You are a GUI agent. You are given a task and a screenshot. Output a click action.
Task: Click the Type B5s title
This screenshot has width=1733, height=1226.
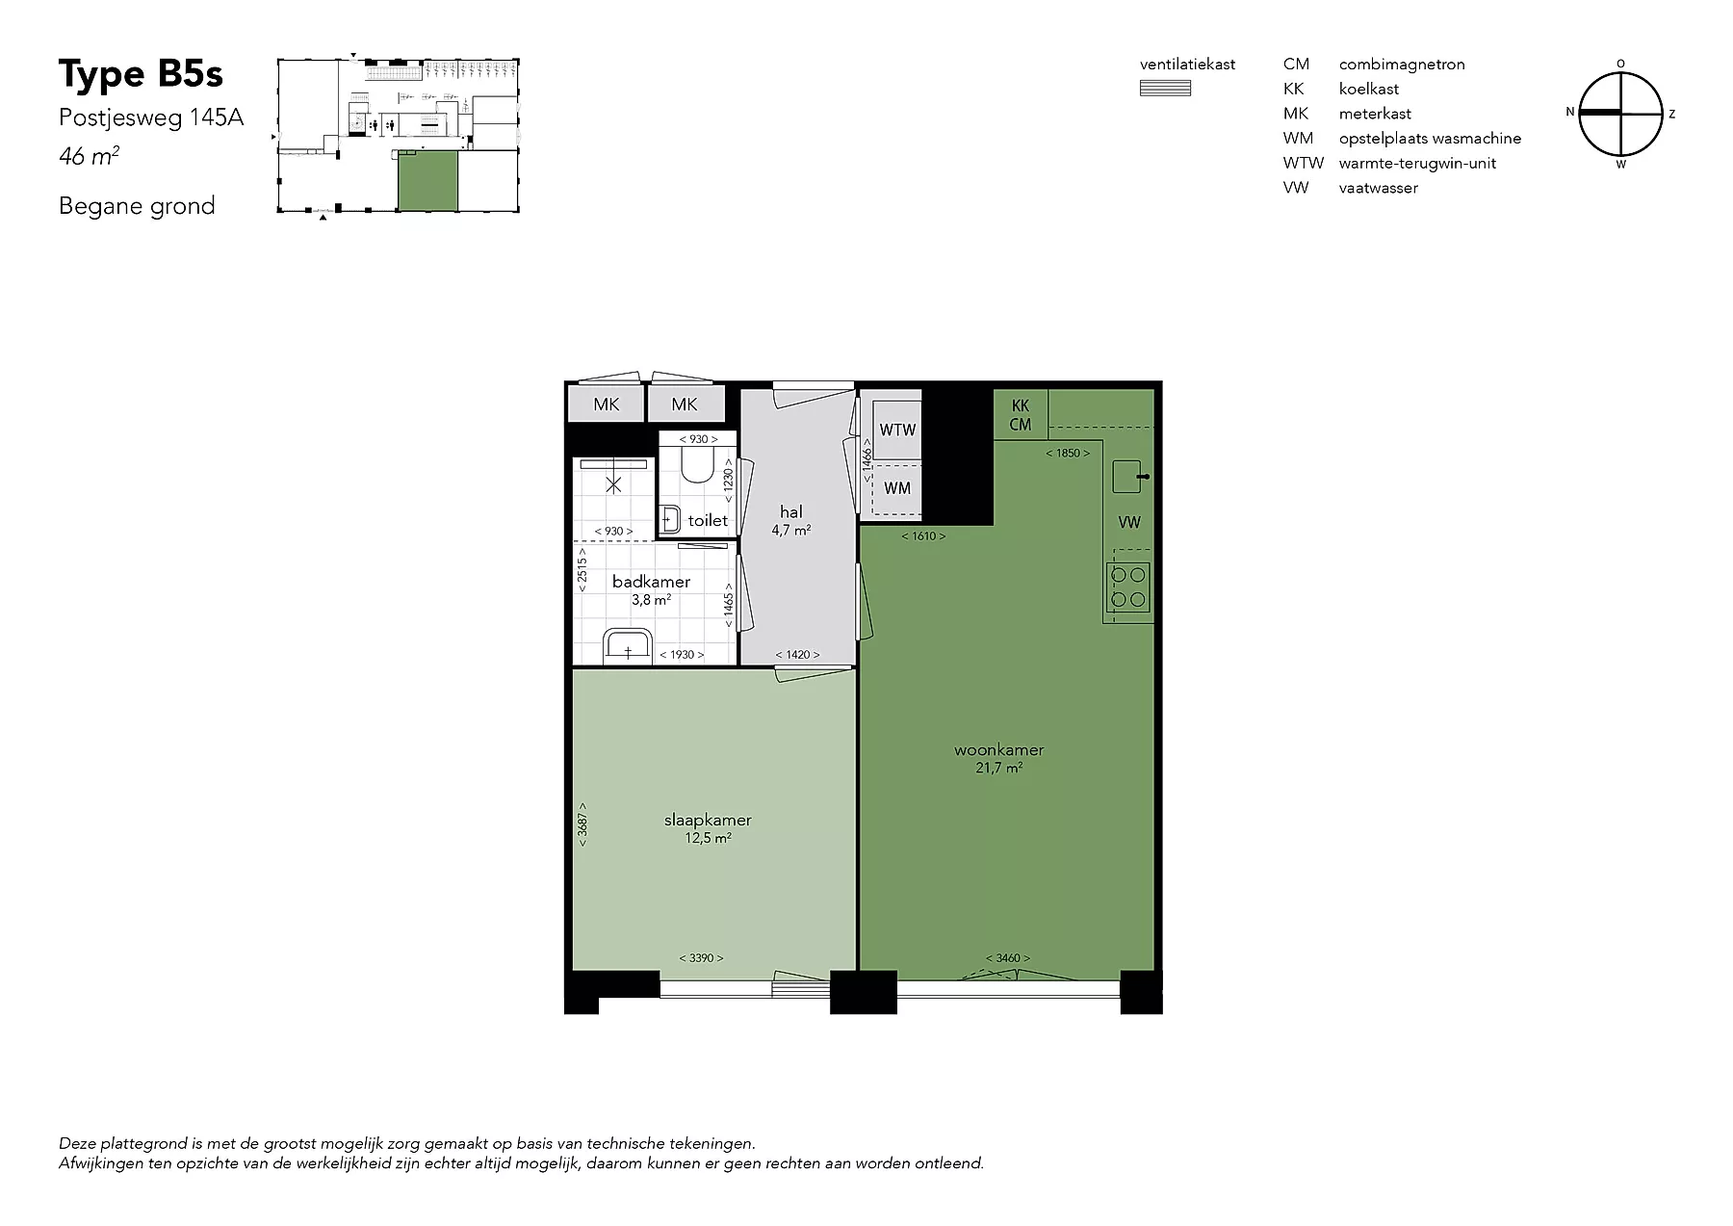141,74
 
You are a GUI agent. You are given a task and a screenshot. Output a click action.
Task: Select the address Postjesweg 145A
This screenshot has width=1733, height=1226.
151,117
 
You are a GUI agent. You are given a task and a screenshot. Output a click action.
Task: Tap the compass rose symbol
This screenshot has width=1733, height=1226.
1621,114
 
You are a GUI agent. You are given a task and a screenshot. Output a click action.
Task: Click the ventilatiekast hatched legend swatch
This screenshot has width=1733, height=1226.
1165,89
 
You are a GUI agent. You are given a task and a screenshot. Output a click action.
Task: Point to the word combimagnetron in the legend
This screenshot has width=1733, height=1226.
1402,65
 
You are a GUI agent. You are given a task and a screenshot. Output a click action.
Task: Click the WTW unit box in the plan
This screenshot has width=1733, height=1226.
897,430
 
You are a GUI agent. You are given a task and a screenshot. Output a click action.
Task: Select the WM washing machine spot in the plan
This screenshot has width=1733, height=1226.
897,488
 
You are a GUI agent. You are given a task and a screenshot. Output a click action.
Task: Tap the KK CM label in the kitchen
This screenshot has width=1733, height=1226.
1021,415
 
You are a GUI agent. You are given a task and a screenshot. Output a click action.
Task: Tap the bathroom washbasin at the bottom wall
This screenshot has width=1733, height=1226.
628,647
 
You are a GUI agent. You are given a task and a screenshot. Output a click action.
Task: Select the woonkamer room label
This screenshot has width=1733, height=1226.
999,750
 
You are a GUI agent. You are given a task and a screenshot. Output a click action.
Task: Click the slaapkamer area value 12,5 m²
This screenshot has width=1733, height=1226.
708,839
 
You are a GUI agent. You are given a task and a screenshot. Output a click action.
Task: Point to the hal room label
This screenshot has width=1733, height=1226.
791,512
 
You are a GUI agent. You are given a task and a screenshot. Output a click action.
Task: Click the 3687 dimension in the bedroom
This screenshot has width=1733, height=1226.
582,825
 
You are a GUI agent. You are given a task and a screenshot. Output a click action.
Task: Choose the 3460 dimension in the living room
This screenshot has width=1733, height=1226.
1008,958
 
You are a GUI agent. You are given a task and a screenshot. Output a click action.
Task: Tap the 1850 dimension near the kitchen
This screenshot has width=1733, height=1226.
1068,453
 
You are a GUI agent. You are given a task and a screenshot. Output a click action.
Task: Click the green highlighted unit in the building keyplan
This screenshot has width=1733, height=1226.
427,181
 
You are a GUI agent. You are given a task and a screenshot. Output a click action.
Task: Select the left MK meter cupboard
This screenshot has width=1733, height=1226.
607,404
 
